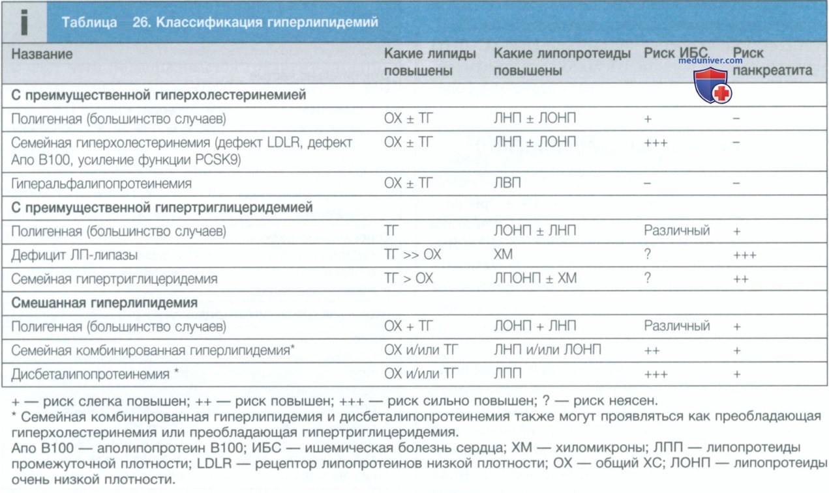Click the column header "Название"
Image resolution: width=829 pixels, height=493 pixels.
(x=42, y=54)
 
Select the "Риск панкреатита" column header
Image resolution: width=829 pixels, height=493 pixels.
(x=772, y=62)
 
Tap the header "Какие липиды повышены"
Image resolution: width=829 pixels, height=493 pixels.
(x=429, y=62)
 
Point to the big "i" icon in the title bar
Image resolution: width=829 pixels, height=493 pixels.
(x=24, y=22)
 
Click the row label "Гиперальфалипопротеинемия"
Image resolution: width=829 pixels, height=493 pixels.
(x=101, y=184)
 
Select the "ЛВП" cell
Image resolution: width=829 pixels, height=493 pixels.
(x=507, y=184)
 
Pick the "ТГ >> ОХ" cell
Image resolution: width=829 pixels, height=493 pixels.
(x=412, y=255)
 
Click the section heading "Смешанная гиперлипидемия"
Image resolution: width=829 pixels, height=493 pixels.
(x=104, y=303)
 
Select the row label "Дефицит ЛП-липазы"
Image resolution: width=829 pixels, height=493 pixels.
(x=74, y=255)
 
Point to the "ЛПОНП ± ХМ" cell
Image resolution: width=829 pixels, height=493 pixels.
(x=535, y=279)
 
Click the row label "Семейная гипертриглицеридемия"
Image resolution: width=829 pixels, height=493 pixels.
(x=114, y=279)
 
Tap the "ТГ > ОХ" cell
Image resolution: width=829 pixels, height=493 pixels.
(x=409, y=279)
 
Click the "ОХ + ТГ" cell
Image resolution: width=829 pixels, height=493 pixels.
(x=409, y=326)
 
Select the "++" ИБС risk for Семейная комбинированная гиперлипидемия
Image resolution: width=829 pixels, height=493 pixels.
(x=652, y=351)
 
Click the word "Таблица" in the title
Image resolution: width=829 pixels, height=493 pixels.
(x=89, y=23)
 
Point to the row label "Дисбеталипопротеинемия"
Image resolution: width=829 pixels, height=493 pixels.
(x=91, y=374)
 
